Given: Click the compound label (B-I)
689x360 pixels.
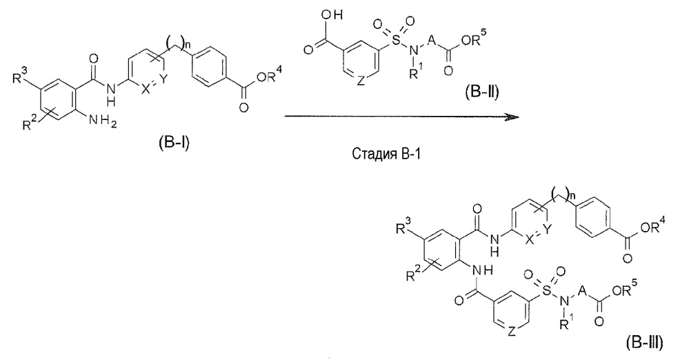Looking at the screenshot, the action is tap(173, 143).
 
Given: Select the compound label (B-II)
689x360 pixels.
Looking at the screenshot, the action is tap(482, 92).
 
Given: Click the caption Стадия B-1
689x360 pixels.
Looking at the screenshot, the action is tap(387, 154).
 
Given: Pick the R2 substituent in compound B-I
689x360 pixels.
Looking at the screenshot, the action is tap(31, 123).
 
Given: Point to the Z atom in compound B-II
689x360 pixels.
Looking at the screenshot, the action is tap(361, 81).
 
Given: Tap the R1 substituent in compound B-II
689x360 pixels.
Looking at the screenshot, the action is tap(415, 72).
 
